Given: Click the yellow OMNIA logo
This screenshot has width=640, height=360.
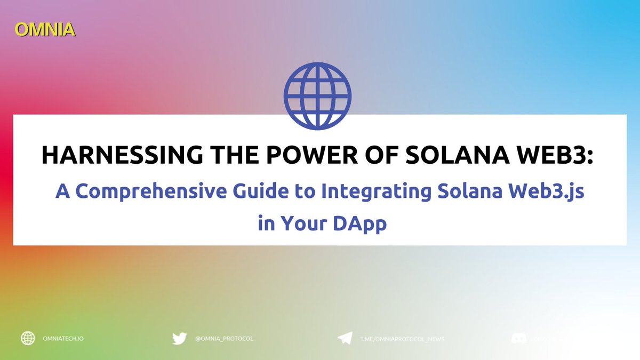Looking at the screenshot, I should (x=45, y=29).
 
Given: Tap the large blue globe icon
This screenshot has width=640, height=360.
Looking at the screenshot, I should (x=317, y=97).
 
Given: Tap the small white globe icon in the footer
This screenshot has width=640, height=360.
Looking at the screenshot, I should (x=28, y=338).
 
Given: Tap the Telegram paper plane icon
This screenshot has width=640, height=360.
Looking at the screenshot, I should (x=345, y=338).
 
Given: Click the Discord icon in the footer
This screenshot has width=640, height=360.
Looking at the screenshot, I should (x=519, y=338).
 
